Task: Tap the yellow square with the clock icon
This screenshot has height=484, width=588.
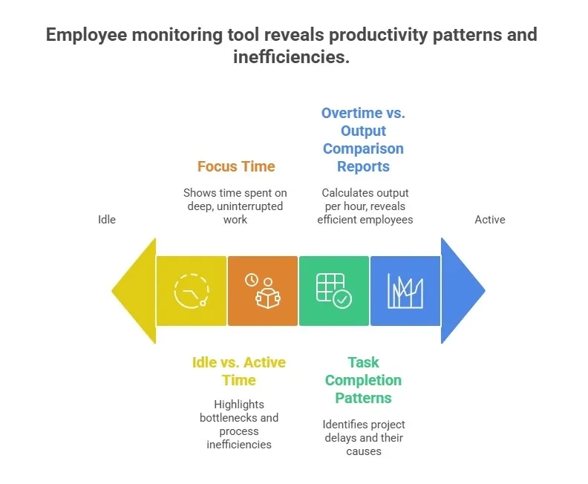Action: point(191,291)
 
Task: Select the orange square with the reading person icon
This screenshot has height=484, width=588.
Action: point(263,291)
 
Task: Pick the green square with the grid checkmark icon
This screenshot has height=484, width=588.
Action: point(333,291)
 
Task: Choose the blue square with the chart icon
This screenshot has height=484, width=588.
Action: point(405,291)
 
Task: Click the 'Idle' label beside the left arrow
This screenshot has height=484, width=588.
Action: point(107,220)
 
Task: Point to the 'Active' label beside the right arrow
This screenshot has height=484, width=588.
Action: point(490,220)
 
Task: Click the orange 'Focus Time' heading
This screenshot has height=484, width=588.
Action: point(236,166)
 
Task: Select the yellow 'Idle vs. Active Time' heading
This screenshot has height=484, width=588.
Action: point(238,371)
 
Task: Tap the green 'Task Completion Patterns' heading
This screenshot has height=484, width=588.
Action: point(363,380)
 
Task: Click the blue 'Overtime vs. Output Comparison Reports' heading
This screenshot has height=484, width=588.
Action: point(363,140)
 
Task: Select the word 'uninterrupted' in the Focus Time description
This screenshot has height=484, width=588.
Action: point(252,206)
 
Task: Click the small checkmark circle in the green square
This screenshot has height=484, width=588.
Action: point(343,299)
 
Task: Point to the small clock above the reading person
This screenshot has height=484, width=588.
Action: point(252,280)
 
